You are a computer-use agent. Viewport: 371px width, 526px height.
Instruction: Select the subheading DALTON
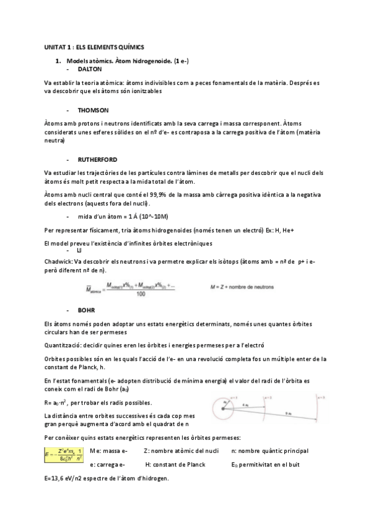click(89, 69)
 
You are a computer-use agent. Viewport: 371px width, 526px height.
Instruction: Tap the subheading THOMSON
click(93, 110)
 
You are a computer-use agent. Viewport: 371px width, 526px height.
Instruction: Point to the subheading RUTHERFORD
click(98, 159)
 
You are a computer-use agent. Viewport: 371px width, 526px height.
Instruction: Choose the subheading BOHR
click(85, 308)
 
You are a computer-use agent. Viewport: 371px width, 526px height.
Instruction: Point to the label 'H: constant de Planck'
click(178, 464)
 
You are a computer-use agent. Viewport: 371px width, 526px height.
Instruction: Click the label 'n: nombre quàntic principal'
click(269, 451)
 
